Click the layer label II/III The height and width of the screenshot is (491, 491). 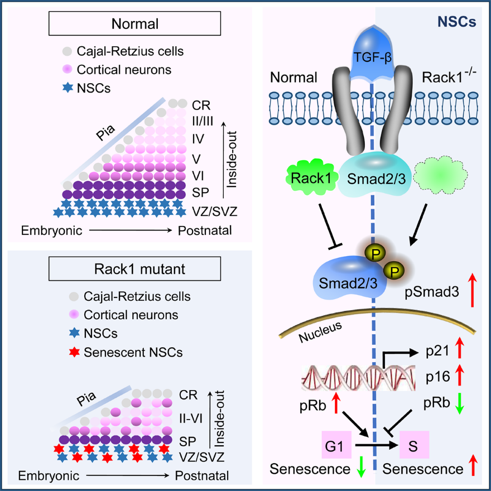(203, 120)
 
